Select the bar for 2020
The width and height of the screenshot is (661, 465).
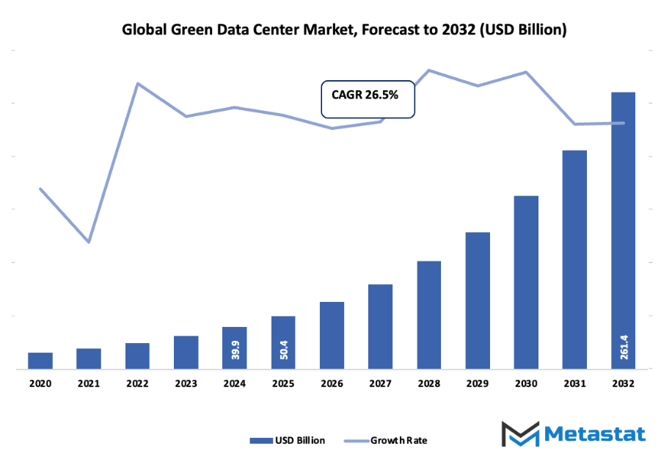click(40, 361)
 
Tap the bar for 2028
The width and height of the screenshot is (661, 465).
click(429, 315)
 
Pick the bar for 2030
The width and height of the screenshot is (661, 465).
click(526, 282)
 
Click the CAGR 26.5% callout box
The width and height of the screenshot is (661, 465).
click(368, 98)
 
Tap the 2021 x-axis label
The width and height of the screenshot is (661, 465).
click(89, 384)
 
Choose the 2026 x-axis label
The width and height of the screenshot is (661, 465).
click(332, 384)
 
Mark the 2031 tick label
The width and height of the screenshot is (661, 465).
click(574, 384)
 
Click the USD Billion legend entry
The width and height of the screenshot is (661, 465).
click(287, 441)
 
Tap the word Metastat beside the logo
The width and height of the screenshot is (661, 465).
click(595, 434)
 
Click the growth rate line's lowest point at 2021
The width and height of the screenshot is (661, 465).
click(89, 242)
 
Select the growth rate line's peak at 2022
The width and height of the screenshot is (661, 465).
click(137, 83)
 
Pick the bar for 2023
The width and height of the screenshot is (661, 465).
click(186, 353)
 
